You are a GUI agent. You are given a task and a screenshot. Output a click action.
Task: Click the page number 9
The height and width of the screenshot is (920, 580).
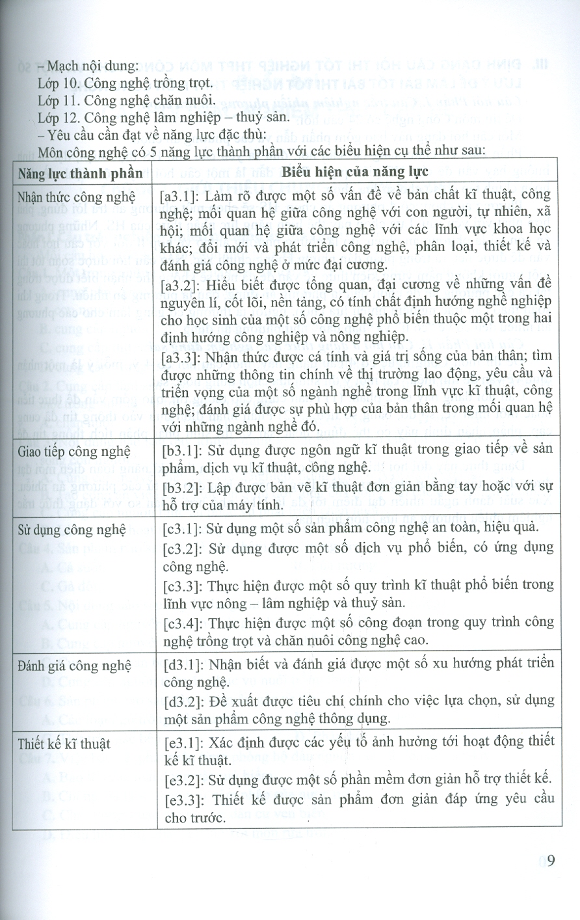pyautogui.click(x=551, y=860)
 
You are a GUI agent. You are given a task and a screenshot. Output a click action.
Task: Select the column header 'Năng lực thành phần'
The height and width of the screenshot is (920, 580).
pyautogui.click(x=80, y=173)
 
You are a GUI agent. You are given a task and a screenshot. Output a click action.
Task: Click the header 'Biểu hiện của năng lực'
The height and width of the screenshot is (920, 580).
pyautogui.click(x=355, y=172)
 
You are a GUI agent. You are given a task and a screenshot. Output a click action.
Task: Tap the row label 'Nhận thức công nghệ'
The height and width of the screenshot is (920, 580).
pyautogui.click(x=77, y=197)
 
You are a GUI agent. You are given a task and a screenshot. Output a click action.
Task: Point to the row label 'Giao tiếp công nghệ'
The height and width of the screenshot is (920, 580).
pyautogui.click(x=74, y=452)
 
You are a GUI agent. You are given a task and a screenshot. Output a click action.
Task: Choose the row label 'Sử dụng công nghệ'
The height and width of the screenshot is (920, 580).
pyautogui.click(x=72, y=530)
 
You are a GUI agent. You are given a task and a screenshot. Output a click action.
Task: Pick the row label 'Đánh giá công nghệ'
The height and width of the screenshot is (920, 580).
pyautogui.click(x=74, y=665)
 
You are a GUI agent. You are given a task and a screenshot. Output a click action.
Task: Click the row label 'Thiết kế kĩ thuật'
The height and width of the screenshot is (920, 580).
pyautogui.click(x=64, y=744)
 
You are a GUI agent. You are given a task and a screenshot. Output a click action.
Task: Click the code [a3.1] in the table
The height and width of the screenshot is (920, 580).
pyautogui.click(x=181, y=195)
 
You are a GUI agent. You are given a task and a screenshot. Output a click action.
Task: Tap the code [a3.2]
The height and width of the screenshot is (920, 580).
pyautogui.click(x=181, y=284)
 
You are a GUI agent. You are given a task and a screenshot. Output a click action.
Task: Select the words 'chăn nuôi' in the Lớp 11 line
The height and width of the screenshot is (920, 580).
pyautogui.click(x=189, y=100)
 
